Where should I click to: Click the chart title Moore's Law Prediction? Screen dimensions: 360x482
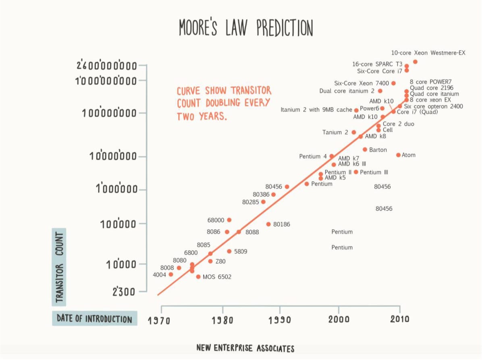pos(246,28)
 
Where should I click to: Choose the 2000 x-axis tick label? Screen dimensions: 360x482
pos(339,320)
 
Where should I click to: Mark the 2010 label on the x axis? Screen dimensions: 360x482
pos(399,320)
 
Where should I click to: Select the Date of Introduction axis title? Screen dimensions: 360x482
pos(94,319)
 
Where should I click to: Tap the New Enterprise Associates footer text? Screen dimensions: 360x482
pos(245,348)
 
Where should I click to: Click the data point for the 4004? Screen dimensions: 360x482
pos(171,274)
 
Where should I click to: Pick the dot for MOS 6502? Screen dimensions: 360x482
pos(198,277)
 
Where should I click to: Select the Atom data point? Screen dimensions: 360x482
pos(398,155)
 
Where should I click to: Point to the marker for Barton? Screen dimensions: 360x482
pos(365,149)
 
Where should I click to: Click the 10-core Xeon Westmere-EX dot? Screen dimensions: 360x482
pos(415,62)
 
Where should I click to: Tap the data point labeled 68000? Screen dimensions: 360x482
pos(229,220)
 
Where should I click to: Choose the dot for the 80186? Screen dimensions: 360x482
pos(268,224)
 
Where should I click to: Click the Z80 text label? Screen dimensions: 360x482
pos(220,261)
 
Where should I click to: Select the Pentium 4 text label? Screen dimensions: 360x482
pos(313,156)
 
